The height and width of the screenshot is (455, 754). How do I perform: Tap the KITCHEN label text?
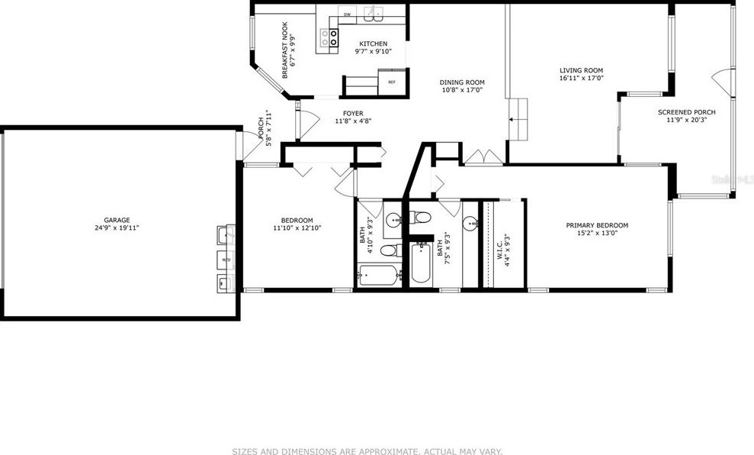click(x=373, y=44)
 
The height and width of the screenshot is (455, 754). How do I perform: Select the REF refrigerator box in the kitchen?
click(x=392, y=82)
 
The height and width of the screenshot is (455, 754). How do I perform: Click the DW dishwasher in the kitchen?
click(x=347, y=15)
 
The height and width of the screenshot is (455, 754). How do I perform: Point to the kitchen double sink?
click(x=373, y=13)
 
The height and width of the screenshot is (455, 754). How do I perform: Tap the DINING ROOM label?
click(x=462, y=82)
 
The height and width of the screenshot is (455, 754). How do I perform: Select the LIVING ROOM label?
click(x=581, y=70)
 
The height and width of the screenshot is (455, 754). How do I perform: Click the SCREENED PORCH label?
click(x=687, y=112)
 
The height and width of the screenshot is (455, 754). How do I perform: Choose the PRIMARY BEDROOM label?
click(x=597, y=225)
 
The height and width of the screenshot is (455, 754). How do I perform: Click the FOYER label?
click(x=352, y=114)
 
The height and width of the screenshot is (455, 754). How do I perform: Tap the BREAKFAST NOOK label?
click(x=285, y=51)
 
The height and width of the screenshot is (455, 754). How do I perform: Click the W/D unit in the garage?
click(x=226, y=260)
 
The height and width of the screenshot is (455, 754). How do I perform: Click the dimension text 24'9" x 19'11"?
click(x=117, y=227)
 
